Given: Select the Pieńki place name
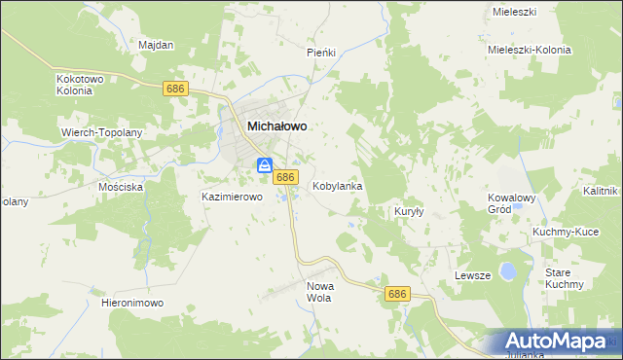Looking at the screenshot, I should coord(321,53).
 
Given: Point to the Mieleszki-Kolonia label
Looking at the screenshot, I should coord(529,50).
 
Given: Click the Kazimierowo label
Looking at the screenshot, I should coord(233,197).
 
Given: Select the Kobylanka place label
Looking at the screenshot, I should coord(338,185).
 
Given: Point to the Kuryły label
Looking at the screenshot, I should coord(407,211).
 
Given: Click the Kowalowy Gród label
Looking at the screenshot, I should coord(512,203).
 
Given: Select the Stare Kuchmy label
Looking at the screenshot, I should coord(564,278).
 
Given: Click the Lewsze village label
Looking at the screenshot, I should coord(472,275).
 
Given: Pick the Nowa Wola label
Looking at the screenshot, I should coord(319,292).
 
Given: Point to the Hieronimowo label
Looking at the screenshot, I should coord(132,304).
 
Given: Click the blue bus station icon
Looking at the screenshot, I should coord(264,166).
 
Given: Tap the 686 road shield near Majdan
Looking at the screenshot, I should coord(175,89).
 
